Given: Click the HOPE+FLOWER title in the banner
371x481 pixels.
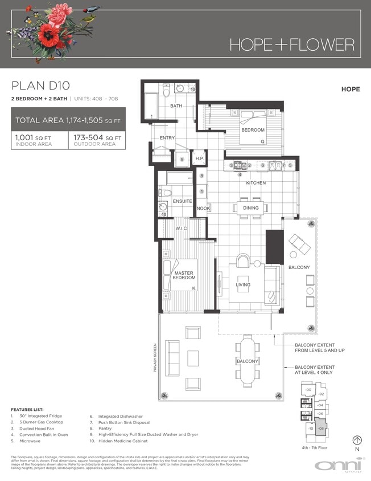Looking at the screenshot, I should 292,44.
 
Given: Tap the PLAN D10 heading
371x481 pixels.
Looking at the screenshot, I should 40,86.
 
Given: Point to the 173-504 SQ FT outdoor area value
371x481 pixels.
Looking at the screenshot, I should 97,137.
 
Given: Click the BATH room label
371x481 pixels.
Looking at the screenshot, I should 176,107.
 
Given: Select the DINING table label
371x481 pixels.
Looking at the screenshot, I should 250,208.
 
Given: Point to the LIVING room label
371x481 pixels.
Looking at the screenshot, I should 243,285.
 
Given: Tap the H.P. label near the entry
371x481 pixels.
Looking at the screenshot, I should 199,159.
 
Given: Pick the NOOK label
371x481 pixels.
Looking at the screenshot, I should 203,209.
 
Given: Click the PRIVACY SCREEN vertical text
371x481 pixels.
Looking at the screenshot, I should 154,357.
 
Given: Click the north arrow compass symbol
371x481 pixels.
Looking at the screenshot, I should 357,440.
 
